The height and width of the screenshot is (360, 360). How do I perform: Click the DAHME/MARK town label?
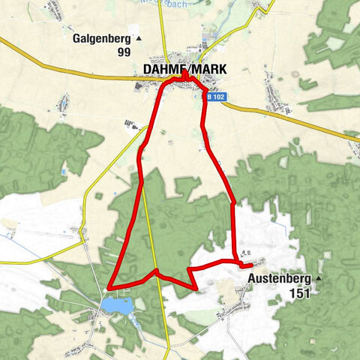[x=184, y=69]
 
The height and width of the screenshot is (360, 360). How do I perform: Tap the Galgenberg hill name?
[x=102, y=39]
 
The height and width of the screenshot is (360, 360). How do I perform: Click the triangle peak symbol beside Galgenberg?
[x=138, y=37]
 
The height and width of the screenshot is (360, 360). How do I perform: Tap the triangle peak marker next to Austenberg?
[x=318, y=278]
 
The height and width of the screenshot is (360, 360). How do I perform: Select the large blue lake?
[x=118, y=305]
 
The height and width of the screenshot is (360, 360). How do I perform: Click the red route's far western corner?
[x=109, y=286]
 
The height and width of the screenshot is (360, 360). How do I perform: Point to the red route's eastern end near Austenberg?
[x=250, y=265]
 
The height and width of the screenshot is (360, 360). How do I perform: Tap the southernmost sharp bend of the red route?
[x=196, y=289]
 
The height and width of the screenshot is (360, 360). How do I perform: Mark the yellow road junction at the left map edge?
[x=2, y=262]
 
